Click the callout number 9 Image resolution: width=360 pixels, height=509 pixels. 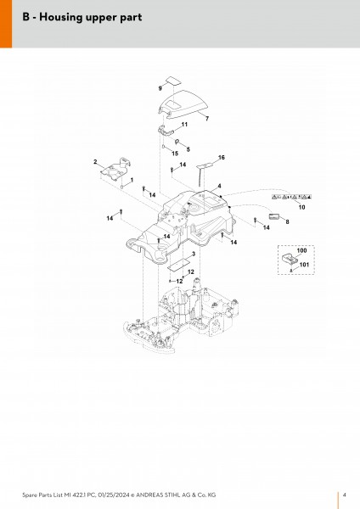click(x=160, y=88)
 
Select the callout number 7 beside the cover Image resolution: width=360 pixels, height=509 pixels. click(x=207, y=119)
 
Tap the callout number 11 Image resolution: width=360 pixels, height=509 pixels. click(x=184, y=125)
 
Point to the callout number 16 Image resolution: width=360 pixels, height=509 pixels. click(x=222, y=158)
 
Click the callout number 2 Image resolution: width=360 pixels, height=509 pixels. click(x=95, y=162)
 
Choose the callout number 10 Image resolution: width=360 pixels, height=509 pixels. click(x=302, y=207)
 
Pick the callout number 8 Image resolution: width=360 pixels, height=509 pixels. click(x=287, y=221)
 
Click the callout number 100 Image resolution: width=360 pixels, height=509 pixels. click(x=302, y=250)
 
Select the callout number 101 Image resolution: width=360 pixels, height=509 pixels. click(x=304, y=265)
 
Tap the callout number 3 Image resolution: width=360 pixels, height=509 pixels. click(x=194, y=254)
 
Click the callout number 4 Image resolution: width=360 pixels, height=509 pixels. click(x=220, y=186)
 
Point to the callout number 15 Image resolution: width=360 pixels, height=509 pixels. click(x=175, y=154)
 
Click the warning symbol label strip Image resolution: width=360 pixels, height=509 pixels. click(x=291, y=197)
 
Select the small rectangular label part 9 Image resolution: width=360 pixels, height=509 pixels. click(x=173, y=81)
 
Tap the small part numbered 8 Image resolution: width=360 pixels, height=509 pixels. click(x=274, y=216)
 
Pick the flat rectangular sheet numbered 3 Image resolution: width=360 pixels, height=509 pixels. click(x=179, y=264)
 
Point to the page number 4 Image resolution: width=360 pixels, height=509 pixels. click(x=345, y=495)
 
